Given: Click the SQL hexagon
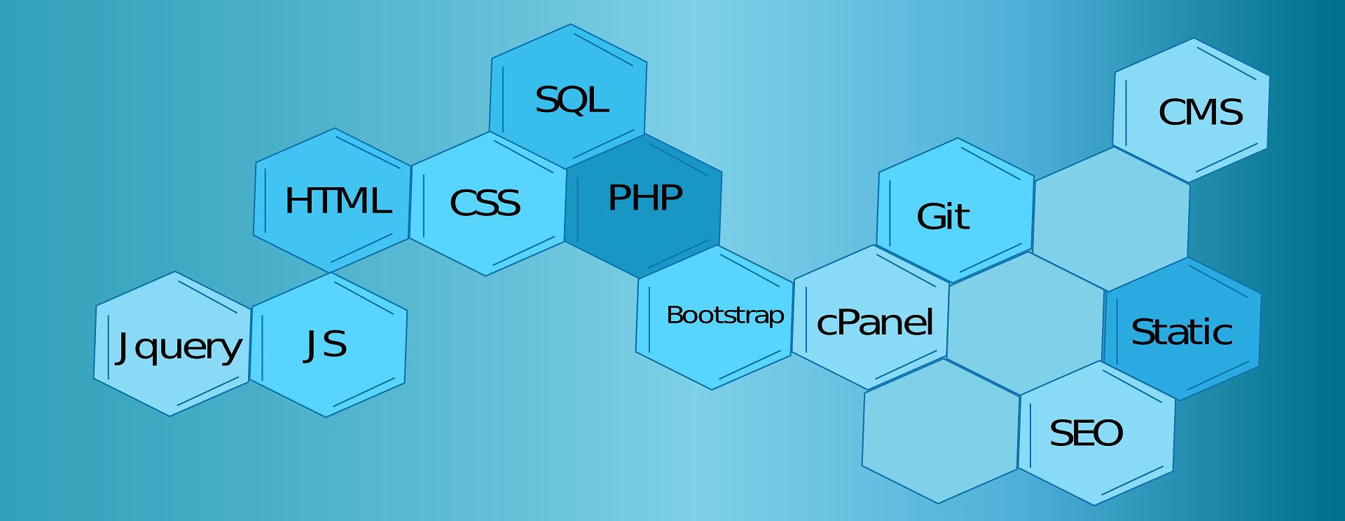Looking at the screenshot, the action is point(568,96).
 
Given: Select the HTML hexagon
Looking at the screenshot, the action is point(332,200).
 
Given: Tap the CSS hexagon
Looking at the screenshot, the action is point(488,203).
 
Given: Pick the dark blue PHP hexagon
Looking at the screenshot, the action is point(644,205).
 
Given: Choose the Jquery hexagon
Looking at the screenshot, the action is point(173,344).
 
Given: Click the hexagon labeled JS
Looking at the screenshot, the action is point(329,345).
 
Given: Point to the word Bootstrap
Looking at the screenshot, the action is point(725,316).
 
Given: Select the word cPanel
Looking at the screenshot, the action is point(875,323).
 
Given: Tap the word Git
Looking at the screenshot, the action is point(943,216).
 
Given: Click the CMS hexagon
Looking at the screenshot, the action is point(1192,110).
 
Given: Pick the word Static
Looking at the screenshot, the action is point(1182,332).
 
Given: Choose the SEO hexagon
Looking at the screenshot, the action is point(1097,433).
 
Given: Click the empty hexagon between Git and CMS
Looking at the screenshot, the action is point(1111,219).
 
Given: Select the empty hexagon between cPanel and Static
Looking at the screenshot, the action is point(1026,323).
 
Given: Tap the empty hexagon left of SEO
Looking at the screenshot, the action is point(941,431).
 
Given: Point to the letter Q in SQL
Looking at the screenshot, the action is point(571,100).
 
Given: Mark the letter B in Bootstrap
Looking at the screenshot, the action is point(674,315).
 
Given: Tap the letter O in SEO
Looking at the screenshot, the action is point(1108,433).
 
